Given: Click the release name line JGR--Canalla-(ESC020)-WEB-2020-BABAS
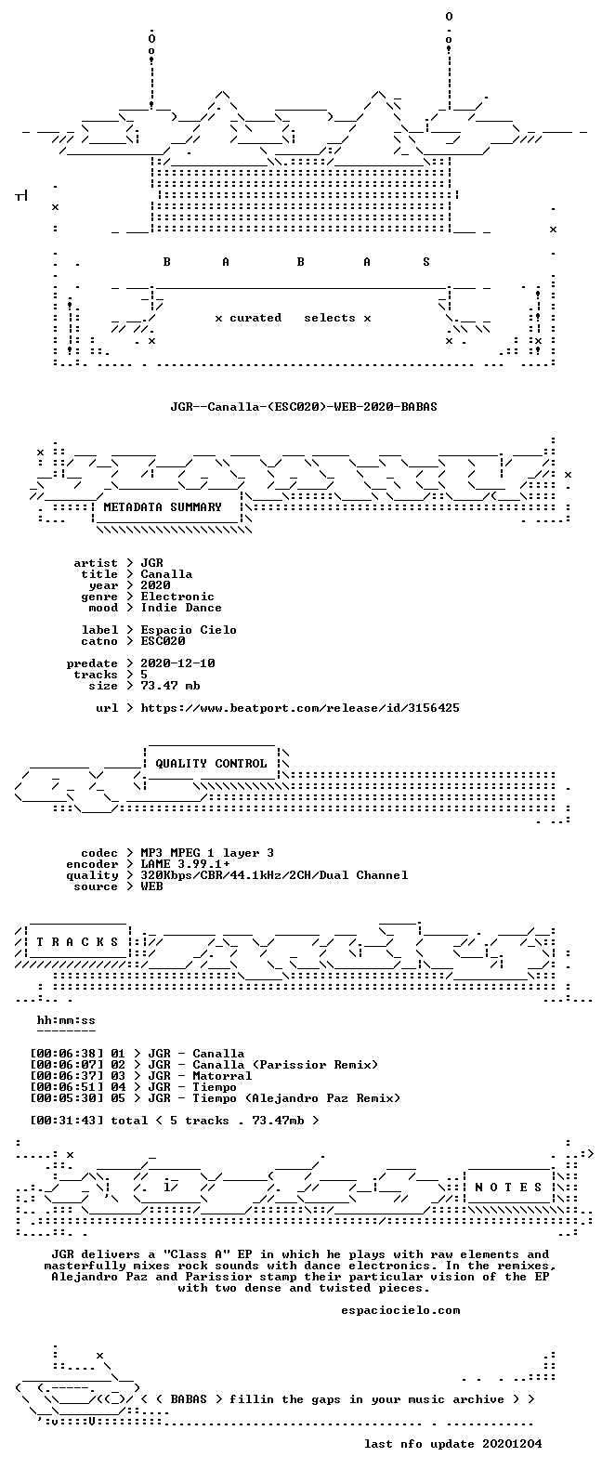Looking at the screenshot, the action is [x=303, y=406].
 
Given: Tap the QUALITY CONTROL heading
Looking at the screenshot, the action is [x=211, y=764].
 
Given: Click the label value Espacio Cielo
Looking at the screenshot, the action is [x=189, y=630].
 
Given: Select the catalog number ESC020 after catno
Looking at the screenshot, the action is [x=163, y=641].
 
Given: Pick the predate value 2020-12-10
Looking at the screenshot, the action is [x=177, y=663].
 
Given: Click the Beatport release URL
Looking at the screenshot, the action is [x=300, y=708].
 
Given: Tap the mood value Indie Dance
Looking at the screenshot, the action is [x=181, y=608].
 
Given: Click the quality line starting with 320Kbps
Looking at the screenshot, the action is [x=274, y=875].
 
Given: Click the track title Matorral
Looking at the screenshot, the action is [x=222, y=1076].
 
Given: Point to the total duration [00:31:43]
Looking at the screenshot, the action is [x=67, y=1121].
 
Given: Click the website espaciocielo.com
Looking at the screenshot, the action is [x=400, y=1310].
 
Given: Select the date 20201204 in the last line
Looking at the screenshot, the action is [x=512, y=1444].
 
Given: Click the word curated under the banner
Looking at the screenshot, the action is [x=255, y=318].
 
